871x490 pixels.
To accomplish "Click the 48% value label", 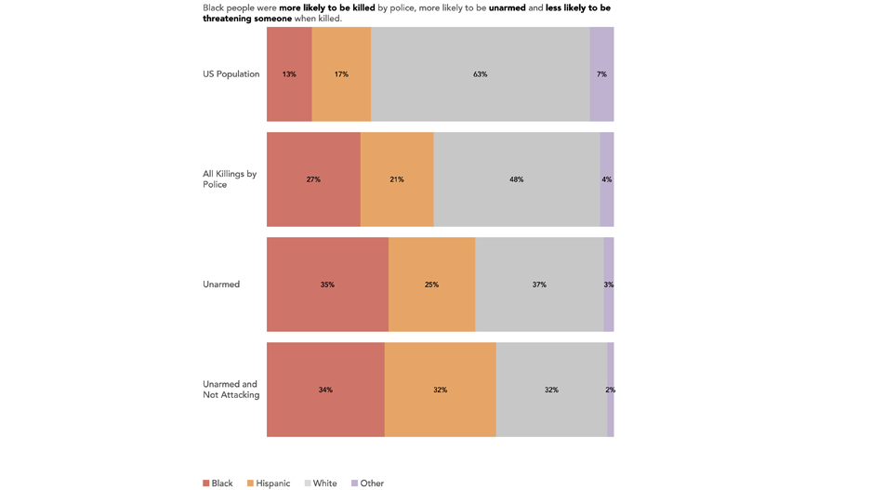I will (516, 179).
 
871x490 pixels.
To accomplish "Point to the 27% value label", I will (313, 179).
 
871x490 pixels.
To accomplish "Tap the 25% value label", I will (431, 285).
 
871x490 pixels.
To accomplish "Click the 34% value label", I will (325, 390).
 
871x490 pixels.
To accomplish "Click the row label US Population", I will (231, 74).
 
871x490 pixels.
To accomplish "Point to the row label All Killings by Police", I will (230, 179).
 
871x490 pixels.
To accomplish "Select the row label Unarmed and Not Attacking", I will (231, 390).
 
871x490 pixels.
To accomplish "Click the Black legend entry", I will (218, 483).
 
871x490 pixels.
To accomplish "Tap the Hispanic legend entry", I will (269, 483).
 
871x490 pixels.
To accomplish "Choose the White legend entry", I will (321, 483).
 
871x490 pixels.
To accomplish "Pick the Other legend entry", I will (367, 483).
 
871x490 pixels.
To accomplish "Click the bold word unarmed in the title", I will (507, 8).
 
